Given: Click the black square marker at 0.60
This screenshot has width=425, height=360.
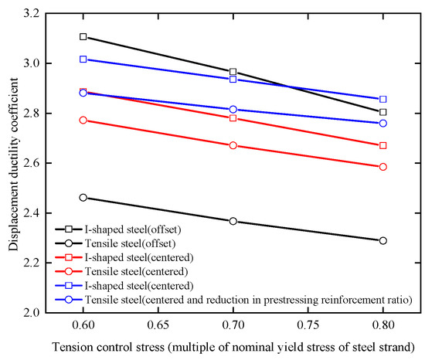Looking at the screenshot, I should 83,37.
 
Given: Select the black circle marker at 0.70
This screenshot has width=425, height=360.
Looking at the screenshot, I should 233,222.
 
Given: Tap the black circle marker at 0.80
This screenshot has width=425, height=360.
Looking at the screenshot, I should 383,240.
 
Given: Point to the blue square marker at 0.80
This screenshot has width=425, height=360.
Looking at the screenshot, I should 383,99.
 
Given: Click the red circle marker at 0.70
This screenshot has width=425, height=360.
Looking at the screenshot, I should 233,145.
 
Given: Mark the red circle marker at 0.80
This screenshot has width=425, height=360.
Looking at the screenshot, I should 383,167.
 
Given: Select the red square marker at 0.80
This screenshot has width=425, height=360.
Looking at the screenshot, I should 383,145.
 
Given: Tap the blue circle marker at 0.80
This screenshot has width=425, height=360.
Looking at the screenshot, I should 383,123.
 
